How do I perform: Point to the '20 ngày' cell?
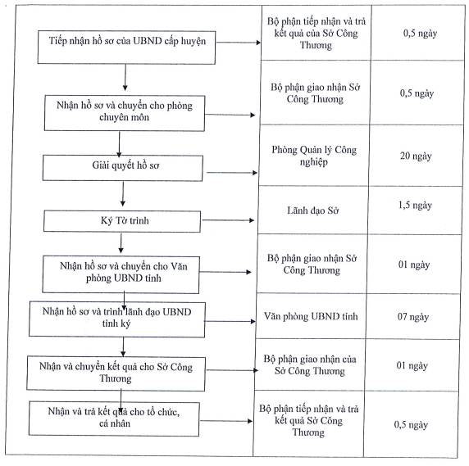click(416, 156)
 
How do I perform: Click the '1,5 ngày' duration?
click(415, 206)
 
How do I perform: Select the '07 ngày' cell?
click(413, 316)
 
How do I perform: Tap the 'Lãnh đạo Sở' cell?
click(313, 210)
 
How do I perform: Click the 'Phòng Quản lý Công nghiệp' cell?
click(314, 156)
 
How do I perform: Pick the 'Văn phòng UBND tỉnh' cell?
click(311, 316)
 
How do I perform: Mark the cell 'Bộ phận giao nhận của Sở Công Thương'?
click(310, 364)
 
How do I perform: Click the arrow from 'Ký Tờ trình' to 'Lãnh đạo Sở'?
click(228, 220)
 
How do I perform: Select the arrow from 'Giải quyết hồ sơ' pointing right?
click(232, 172)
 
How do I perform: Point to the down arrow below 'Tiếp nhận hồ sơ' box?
click(125, 77)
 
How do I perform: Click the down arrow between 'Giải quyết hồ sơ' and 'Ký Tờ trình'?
click(123, 194)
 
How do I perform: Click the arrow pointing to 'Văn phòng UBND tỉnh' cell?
click(230, 321)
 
